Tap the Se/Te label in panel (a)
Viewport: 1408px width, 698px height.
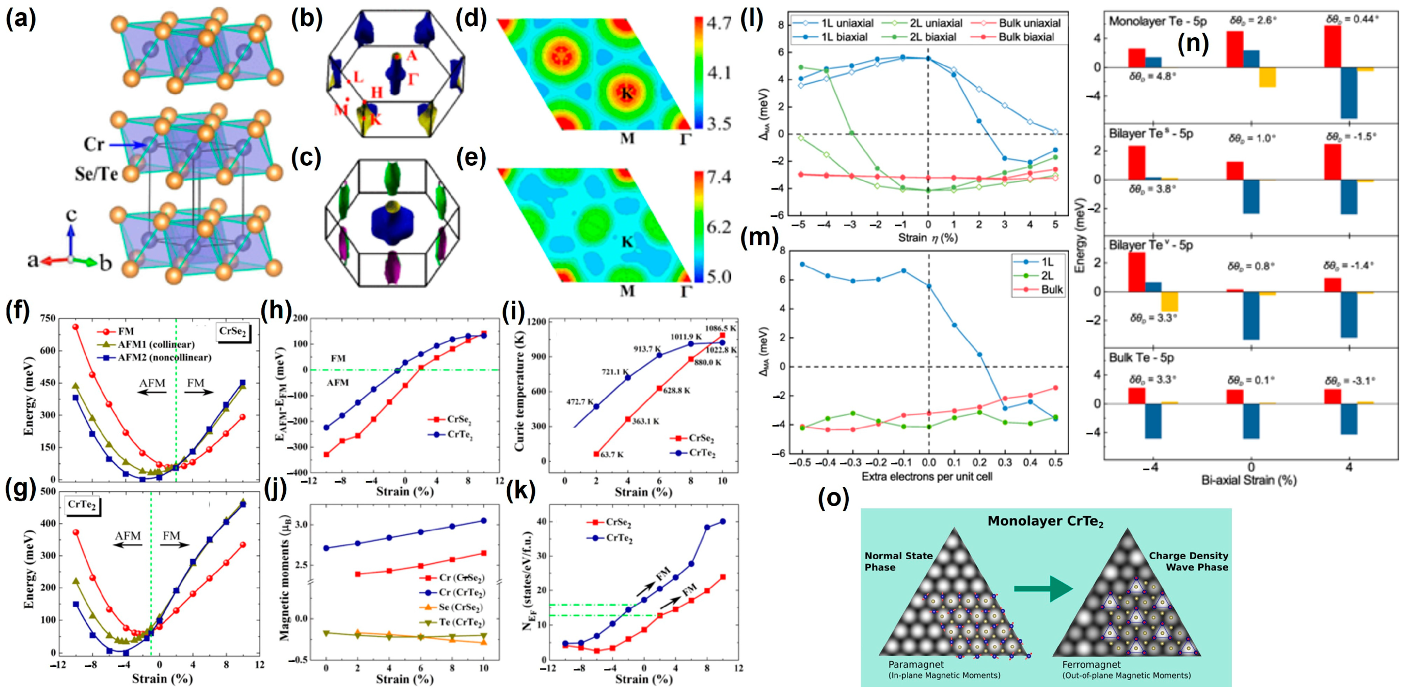[97, 174]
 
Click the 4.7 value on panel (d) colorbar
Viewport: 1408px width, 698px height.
[718, 23]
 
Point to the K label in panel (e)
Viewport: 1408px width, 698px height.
[627, 241]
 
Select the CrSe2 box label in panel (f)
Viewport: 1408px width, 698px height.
[233, 331]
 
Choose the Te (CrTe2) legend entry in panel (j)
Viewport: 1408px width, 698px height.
[461, 622]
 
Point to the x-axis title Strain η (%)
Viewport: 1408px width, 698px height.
[928, 238]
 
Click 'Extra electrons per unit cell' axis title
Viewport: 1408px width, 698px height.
[926, 477]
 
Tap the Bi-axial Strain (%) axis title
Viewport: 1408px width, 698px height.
[1248, 481]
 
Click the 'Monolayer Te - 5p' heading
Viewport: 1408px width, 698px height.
[1157, 21]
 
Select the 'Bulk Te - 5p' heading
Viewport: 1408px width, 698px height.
[1141, 358]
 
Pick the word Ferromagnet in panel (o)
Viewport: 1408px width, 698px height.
[1091, 665]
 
